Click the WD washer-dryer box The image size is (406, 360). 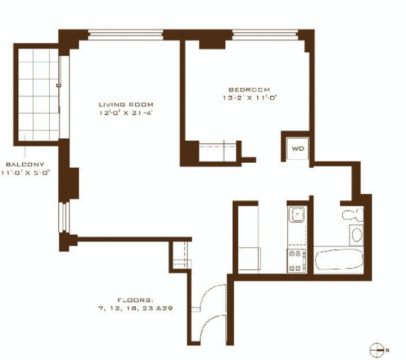point(298,149)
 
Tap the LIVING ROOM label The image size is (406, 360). point(126,104)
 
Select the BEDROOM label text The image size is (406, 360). point(249,90)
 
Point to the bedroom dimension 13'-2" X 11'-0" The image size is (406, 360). point(250,98)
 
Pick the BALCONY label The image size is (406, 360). point(25,165)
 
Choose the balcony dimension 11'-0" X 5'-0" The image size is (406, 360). point(25,173)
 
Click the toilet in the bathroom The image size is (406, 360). point(353,214)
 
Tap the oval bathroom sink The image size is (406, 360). point(356,235)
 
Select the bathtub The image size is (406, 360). point(339,260)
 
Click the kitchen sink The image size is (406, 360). point(297,214)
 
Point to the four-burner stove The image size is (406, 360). point(297,260)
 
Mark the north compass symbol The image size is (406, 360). point(377,350)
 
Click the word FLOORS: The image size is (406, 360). point(135,300)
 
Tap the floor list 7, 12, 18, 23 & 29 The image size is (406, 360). point(135,308)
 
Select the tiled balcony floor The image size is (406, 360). point(39,95)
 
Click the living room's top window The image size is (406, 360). point(125,35)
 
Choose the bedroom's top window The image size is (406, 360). point(265,35)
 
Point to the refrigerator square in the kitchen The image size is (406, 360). point(249,259)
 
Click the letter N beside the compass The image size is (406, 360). point(388,350)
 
